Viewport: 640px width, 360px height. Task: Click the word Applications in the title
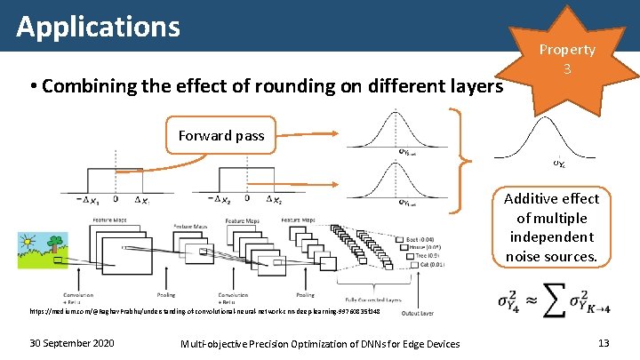98,27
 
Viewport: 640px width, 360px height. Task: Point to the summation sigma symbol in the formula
556,301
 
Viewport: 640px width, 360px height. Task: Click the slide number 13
603,343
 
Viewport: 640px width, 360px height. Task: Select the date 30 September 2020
70,343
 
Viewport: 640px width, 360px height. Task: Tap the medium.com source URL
204,312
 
